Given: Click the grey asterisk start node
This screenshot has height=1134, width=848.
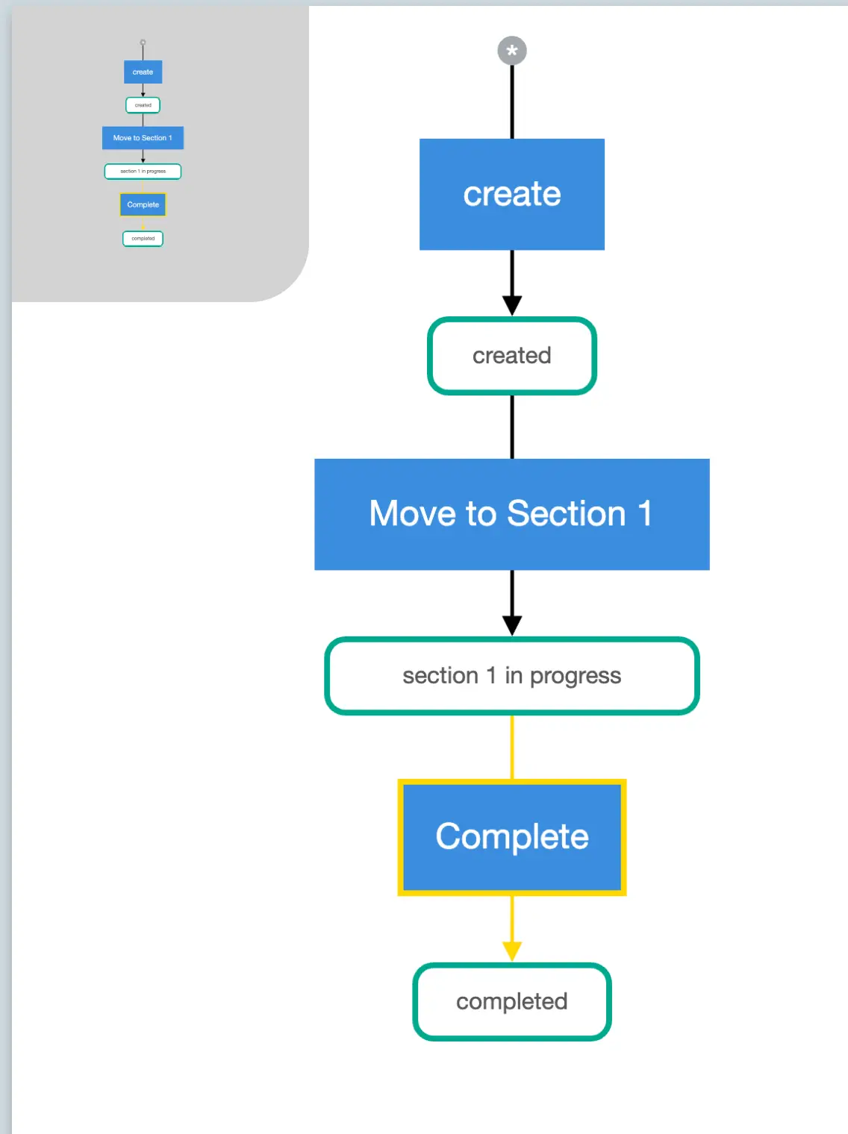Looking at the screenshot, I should pyautogui.click(x=512, y=51).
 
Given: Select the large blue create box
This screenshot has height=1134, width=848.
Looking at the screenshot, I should pyautogui.click(x=512, y=194).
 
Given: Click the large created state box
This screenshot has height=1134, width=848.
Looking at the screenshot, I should pyautogui.click(x=512, y=356).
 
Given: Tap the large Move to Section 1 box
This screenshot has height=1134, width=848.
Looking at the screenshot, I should pyautogui.click(x=512, y=514).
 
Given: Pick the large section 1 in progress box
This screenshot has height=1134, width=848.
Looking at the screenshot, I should pyautogui.click(x=512, y=676).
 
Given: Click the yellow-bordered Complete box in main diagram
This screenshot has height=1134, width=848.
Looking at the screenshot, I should pyautogui.click(x=512, y=837).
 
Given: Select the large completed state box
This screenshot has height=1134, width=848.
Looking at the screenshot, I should pyautogui.click(x=512, y=1002).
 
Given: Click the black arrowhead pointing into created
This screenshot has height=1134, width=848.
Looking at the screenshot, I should pyautogui.click(x=512, y=306).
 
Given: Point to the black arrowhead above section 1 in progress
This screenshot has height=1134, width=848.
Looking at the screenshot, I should pyautogui.click(x=512, y=625).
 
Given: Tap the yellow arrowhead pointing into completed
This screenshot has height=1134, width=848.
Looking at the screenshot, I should pyautogui.click(x=512, y=951).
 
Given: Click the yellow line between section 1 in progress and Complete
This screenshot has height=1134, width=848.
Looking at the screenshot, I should pyautogui.click(x=512, y=747).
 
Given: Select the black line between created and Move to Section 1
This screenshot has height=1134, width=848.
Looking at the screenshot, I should pyautogui.click(x=512, y=427).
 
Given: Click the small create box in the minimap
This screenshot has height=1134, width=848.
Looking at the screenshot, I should pyautogui.click(x=143, y=72).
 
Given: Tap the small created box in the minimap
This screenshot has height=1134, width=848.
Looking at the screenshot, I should pyautogui.click(x=143, y=105).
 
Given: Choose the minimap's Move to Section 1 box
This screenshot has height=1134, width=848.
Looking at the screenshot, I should pyautogui.click(x=143, y=138).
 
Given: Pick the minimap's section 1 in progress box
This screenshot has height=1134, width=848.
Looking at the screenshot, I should pyautogui.click(x=143, y=172).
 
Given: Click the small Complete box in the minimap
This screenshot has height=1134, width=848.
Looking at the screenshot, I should pyautogui.click(x=143, y=204).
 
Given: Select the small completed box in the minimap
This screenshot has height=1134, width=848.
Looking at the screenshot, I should pyautogui.click(x=143, y=239).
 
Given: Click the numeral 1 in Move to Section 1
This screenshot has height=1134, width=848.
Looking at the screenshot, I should pyautogui.click(x=645, y=514).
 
